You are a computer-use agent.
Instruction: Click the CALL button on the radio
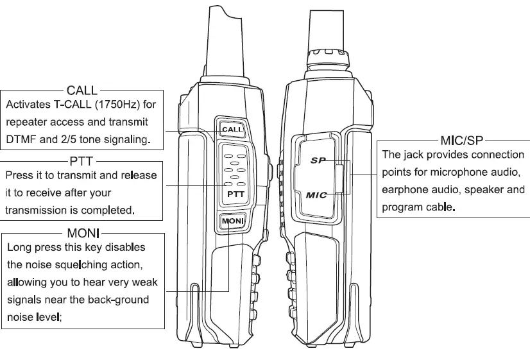point(231,129)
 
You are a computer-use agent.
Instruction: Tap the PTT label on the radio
point(235,193)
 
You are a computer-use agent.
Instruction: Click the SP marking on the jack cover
point(318,160)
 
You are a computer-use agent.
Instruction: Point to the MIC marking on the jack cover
point(316,194)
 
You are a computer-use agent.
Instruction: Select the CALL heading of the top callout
point(82,90)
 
